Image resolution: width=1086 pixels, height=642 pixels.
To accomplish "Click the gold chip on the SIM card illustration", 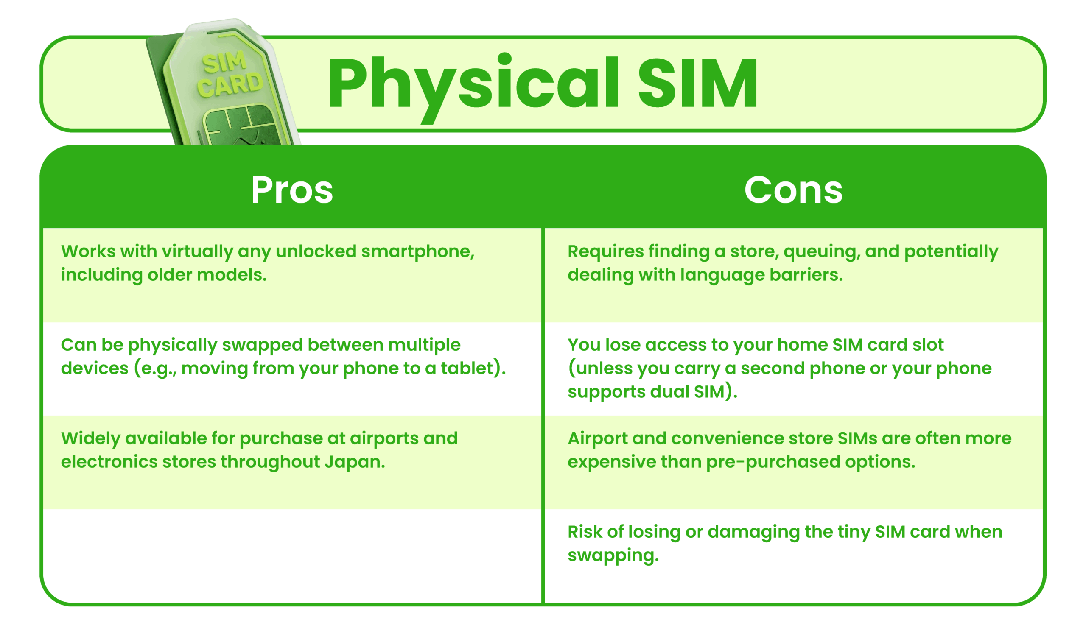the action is [240, 126].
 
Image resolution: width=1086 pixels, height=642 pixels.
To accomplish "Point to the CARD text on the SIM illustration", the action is [230, 84].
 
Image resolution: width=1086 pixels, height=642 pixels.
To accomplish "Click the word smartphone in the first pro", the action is [417, 252].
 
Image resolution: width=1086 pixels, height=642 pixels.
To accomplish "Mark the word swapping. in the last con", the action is [613, 556].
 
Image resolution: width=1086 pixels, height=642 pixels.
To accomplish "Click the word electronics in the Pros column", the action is [109, 462].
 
